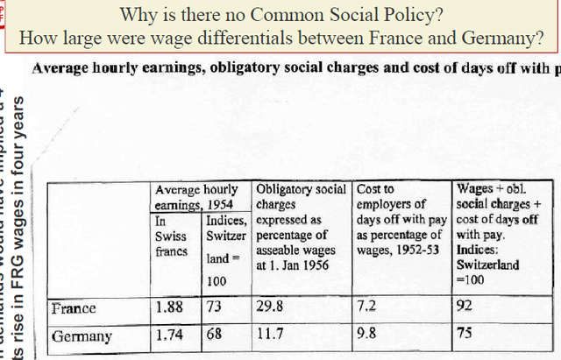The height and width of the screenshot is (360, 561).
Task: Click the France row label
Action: (74, 308)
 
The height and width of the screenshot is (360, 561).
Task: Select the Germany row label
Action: (82, 336)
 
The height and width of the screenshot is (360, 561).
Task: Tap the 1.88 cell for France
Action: (169, 308)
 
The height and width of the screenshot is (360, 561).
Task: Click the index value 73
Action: (217, 308)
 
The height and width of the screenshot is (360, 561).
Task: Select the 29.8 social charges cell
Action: (273, 308)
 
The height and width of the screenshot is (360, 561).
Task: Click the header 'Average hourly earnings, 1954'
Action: (196, 196)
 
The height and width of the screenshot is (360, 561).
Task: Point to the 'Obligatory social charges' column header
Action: (300, 196)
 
